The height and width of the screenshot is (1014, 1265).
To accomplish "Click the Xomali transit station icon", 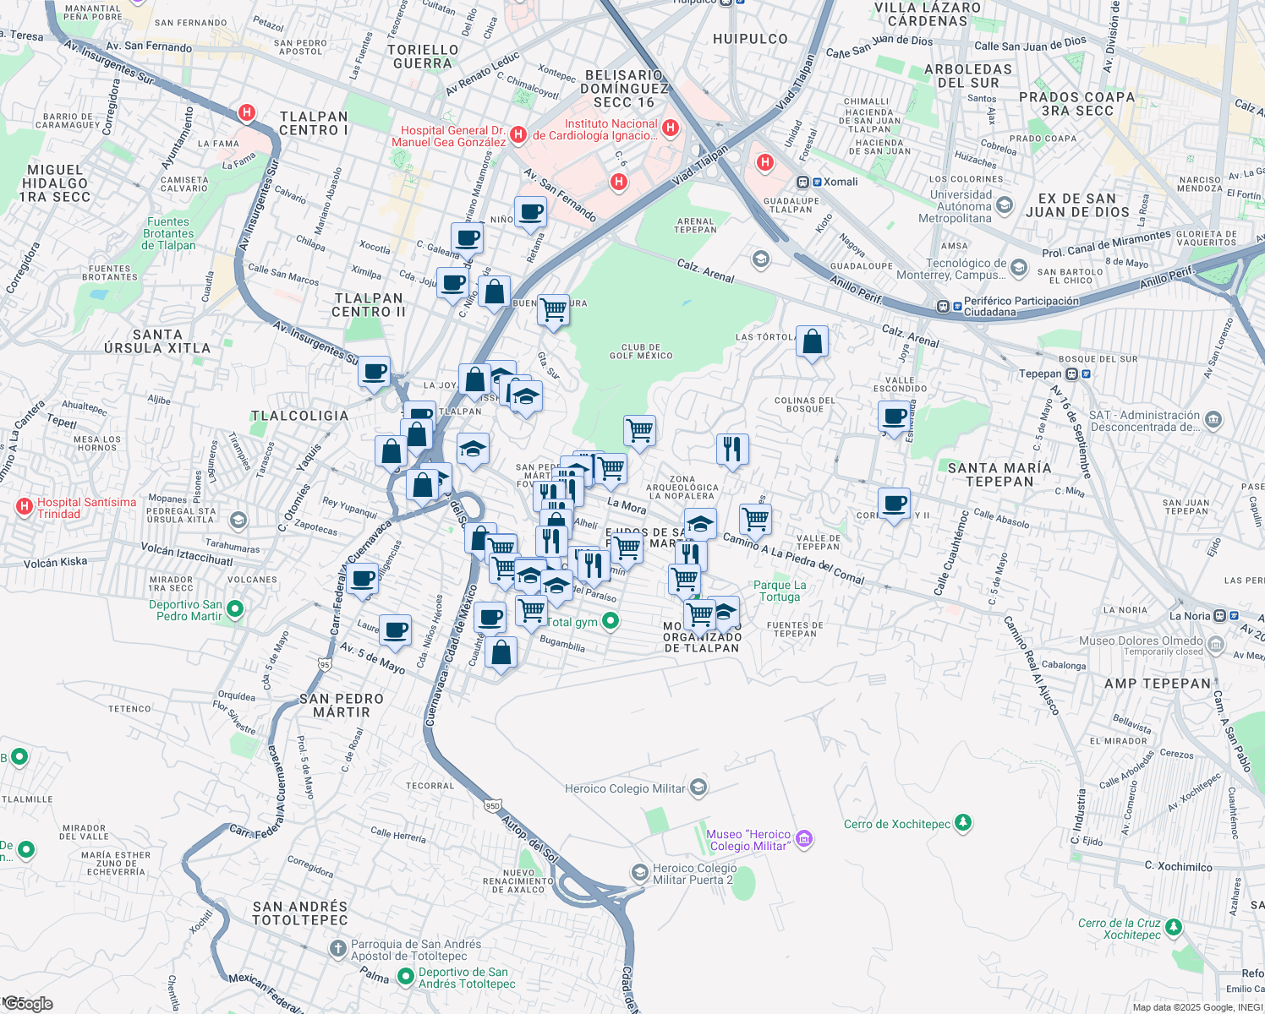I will [803, 182].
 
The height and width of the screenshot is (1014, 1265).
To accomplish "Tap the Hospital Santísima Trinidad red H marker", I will [25, 507].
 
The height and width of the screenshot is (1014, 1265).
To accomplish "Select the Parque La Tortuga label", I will [779, 591].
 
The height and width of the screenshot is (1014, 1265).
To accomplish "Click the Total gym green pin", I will [611, 622].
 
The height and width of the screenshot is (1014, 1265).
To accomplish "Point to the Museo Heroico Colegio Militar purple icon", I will [804, 839].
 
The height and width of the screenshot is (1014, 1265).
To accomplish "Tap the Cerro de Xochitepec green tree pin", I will [962, 823].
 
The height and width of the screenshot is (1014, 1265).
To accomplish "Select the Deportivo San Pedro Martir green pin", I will [235, 608].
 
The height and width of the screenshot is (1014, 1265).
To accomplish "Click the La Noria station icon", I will [1219, 616].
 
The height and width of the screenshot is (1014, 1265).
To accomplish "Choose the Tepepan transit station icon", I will [1071, 373].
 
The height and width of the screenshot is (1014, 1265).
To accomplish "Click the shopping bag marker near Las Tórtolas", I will [812, 342].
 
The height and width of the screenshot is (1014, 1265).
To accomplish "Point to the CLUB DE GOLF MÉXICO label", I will [641, 352].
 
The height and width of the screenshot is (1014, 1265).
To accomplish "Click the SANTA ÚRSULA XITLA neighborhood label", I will [157, 341].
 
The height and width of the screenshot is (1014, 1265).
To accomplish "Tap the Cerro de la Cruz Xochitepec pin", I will [1173, 928].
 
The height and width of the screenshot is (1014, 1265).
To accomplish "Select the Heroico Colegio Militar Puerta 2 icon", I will [640, 872].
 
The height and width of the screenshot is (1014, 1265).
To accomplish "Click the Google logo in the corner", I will [28, 1004].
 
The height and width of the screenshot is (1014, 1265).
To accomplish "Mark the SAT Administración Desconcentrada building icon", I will [1213, 420].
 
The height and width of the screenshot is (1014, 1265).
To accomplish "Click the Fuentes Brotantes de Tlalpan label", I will [168, 234].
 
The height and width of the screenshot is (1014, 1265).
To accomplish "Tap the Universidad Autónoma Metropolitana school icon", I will [1005, 205].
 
